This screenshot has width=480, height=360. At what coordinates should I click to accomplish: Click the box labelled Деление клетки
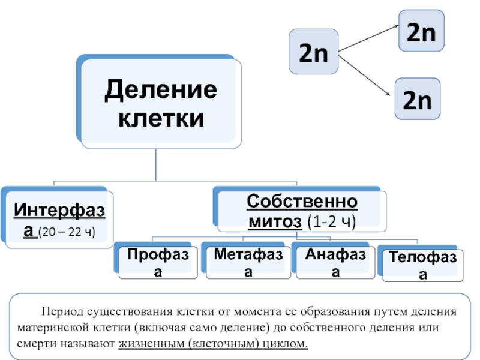click(x=161, y=103)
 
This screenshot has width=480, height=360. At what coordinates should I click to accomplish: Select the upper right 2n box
click(x=421, y=31)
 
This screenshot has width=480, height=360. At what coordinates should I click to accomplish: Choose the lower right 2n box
click(x=417, y=99)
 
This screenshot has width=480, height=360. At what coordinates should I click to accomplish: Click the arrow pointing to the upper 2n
click(x=369, y=40)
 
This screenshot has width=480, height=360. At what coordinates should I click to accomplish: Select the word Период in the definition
click(x=62, y=313)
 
